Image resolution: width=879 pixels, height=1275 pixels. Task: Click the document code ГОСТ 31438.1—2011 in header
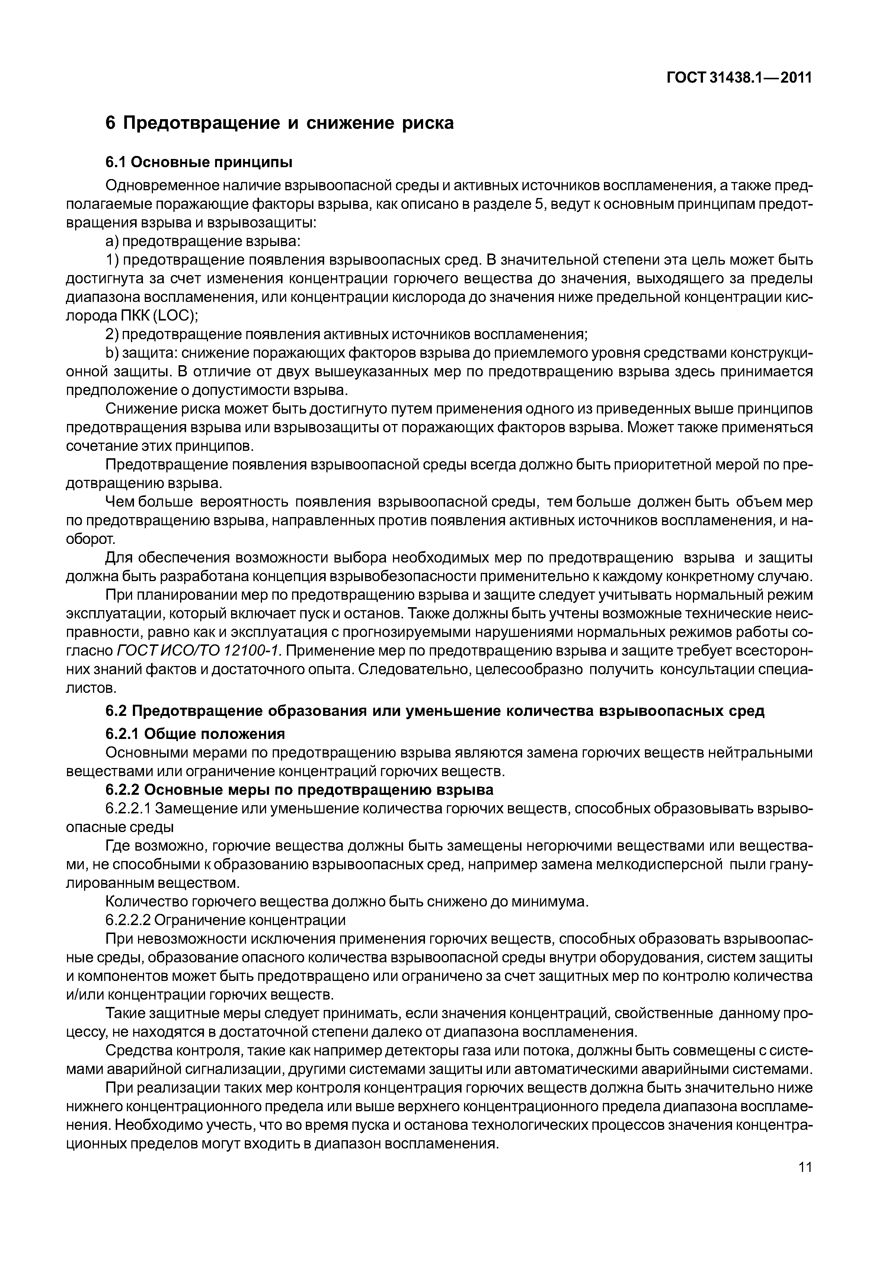(x=739, y=78)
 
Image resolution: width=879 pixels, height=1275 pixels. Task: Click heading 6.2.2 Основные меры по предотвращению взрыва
(x=299, y=790)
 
